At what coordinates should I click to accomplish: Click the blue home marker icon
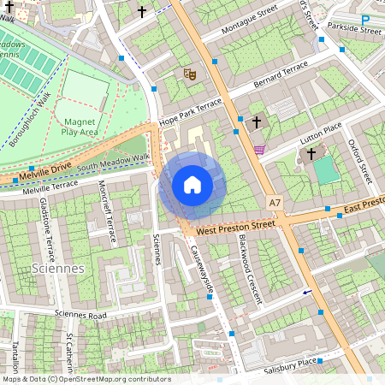pyautogui.click(x=192, y=185)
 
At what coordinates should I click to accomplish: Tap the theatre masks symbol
pyautogui.click(x=190, y=74)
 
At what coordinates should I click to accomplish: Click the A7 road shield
pyautogui.click(x=274, y=203)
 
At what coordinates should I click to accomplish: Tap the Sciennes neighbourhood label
pyautogui.click(x=56, y=268)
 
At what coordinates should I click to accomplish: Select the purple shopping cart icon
pyautogui.click(x=259, y=149)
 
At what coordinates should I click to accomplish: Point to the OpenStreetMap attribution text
pyautogui.click(x=86, y=379)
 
